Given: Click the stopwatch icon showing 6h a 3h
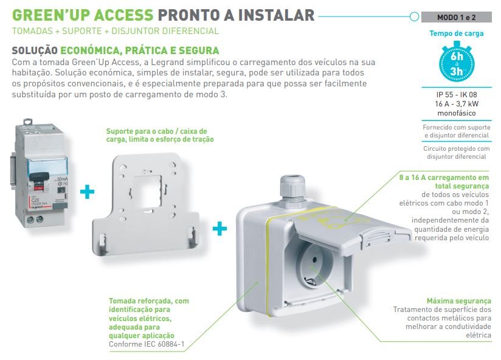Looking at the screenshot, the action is coord(456,63).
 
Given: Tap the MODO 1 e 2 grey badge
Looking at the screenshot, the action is coord(456,17).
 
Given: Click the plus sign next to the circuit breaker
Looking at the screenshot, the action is coord(87,192).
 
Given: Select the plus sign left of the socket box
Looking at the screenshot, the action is coord(219,229).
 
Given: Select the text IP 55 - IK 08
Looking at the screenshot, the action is coord(456,94).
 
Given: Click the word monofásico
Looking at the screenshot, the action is coord(456,113).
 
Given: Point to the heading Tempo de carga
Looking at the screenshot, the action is coord(456,33).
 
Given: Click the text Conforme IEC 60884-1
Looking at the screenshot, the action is coord(147,344).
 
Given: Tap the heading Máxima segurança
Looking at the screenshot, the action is coord(459,301).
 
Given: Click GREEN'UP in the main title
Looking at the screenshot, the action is coord(49,15).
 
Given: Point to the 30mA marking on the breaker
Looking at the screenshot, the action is coord(62,179).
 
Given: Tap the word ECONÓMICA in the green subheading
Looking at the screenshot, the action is coord(91,50).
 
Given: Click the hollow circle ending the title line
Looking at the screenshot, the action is coord(414,16).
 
